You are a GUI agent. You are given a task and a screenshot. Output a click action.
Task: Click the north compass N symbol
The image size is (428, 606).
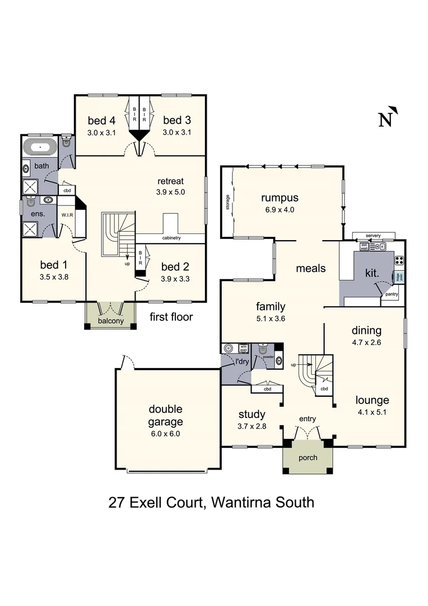click(387, 118)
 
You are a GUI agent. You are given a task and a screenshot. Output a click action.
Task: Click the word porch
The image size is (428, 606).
click(308, 457)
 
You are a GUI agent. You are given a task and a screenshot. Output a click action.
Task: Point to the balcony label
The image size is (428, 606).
click(110, 321)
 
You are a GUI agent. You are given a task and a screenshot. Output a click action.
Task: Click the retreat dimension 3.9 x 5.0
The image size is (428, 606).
click(170, 192)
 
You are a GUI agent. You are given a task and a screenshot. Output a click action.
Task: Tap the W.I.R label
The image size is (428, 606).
click(66, 214)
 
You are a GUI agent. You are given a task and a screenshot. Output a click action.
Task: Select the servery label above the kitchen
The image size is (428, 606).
click(373, 235)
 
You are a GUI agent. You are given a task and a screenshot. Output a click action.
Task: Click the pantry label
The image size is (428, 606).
click(392, 293)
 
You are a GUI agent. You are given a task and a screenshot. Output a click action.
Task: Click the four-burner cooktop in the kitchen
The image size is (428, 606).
click(400, 260)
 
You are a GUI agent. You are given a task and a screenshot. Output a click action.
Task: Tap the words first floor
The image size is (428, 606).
click(171, 317)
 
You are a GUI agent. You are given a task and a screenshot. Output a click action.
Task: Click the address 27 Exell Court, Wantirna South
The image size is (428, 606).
click(211, 502)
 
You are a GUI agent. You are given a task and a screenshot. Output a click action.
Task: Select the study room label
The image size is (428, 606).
click(252, 415)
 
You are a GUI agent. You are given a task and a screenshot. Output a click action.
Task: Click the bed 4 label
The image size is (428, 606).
click(101, 120)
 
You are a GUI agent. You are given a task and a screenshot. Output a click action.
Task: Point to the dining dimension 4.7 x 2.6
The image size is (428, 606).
click(366, 342)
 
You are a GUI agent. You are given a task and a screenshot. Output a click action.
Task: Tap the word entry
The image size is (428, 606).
click(308, 419)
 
